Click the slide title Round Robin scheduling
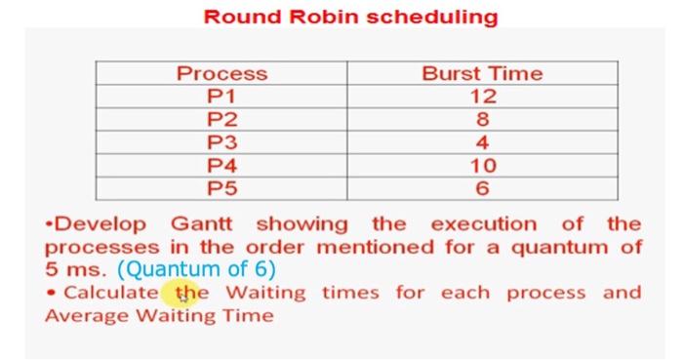349,17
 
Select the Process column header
221,73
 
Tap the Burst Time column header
482,73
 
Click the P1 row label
221,96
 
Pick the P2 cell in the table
221,119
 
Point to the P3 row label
221,141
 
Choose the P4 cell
221,165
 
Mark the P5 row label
221,187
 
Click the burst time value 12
482,96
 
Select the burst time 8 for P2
482,119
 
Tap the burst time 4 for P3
482,141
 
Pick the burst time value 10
482,165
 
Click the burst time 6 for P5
482,187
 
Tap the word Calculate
110,292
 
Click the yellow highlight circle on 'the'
185,292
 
